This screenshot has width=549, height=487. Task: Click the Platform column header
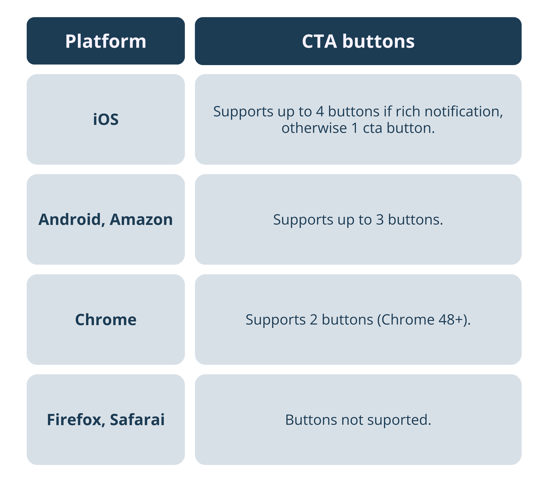[x=106, y=41]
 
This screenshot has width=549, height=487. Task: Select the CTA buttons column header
[x=358, y=41]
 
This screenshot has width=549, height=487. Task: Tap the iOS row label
[x=106, y=119]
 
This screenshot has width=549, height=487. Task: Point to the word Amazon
[x=141, y=219]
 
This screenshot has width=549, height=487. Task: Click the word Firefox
[x=76, y=420]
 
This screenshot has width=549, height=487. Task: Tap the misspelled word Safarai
[x=137, y=420]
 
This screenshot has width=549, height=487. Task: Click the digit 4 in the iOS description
[x=320, y=111]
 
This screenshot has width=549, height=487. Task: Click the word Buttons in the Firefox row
[x=311, y=420]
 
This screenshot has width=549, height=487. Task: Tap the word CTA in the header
[x=319, y=41]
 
